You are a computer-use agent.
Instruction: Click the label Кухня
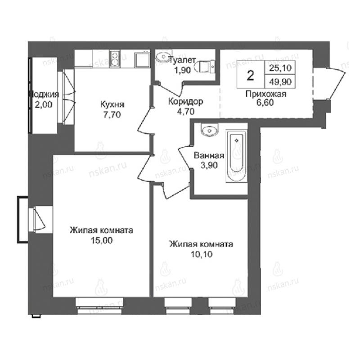112,105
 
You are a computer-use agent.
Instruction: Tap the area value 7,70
112,115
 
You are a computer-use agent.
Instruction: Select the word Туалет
182,60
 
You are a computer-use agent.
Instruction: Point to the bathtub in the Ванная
237,156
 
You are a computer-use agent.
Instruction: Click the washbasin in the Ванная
209,130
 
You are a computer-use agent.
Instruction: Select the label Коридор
186,101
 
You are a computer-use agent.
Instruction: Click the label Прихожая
266,94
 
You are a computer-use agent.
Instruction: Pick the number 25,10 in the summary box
280,68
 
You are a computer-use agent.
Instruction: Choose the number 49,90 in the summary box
280,82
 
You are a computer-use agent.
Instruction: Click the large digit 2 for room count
251,75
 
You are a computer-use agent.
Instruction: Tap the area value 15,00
102,240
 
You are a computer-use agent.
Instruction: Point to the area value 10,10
202,254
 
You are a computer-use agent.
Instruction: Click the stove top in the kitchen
115,59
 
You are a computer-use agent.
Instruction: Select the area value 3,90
209,165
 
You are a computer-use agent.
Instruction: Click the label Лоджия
44,94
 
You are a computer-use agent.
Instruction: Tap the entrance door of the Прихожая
331,84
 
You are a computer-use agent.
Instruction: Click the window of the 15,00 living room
99,306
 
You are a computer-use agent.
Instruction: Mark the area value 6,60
265,103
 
